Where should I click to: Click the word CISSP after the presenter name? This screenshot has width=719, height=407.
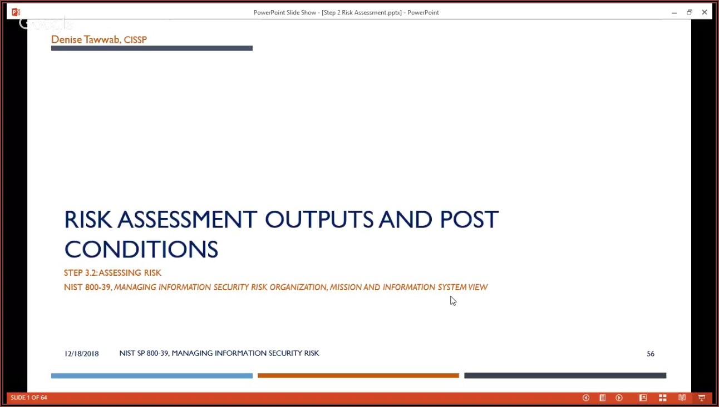click(x=135, y=39)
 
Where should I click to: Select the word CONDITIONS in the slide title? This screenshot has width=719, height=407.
click(x=141, y=249)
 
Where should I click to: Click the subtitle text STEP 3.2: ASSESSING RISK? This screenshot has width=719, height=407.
click(x=112, y=273)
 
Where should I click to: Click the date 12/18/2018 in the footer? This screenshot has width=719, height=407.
click(x=81, y=354)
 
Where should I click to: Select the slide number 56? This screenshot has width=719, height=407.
click(x=651, y=354)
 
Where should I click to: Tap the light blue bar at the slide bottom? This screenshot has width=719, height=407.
click(x=151, y=376)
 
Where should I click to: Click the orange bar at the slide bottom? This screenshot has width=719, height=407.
click(x=358, y=376)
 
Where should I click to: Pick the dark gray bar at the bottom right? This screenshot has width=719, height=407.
click(x=565, y=376)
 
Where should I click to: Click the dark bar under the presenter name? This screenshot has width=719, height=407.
click(x=151, y=48)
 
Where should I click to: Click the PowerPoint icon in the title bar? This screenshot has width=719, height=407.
click(x=16, y=12)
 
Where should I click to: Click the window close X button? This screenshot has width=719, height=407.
click(x=705, y=12)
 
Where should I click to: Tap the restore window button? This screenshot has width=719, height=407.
click(x=690, y=12)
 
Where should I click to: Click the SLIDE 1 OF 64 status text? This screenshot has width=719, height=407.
click(x=29, y=398)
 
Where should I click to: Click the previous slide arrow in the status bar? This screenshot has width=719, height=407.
click(x=585, y=398)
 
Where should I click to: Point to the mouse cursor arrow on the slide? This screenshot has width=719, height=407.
click(x=452, y=300)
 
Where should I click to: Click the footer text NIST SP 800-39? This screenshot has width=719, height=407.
click(x=144, y=353)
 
